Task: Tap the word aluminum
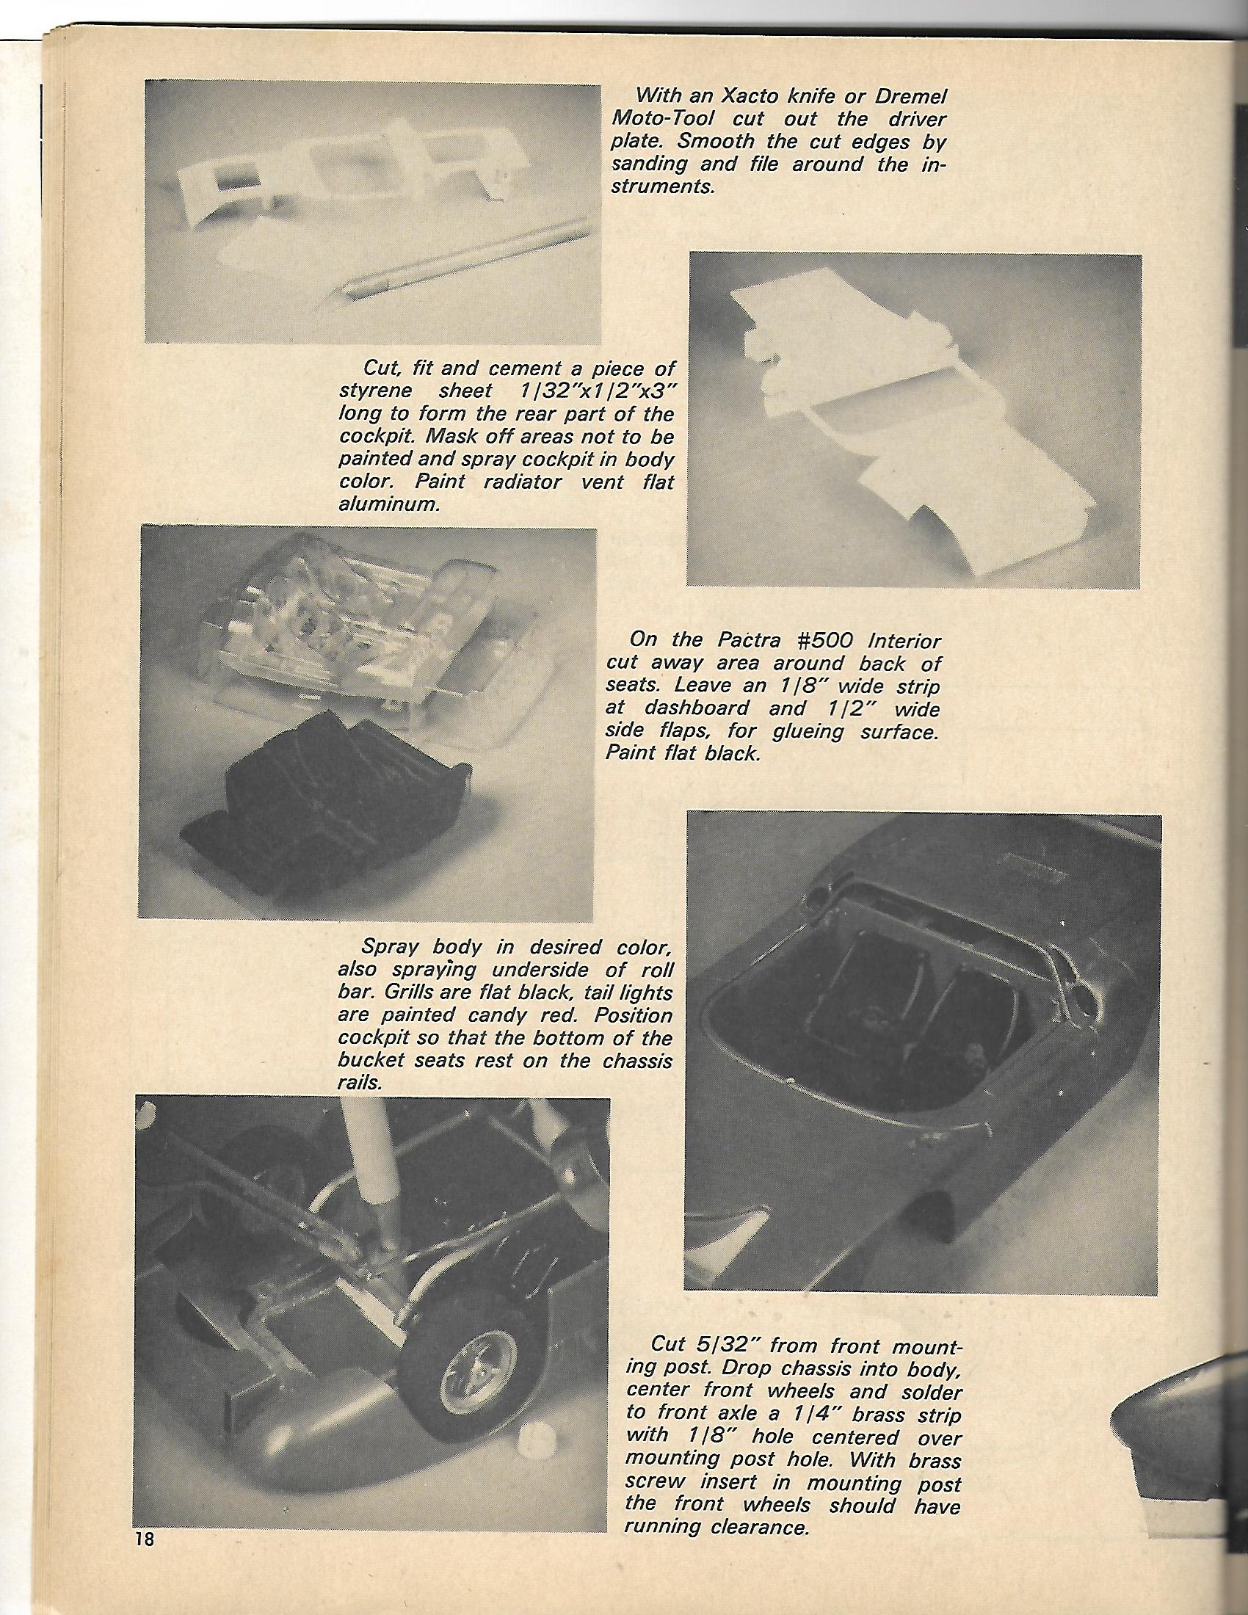click(x=383, y=505)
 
